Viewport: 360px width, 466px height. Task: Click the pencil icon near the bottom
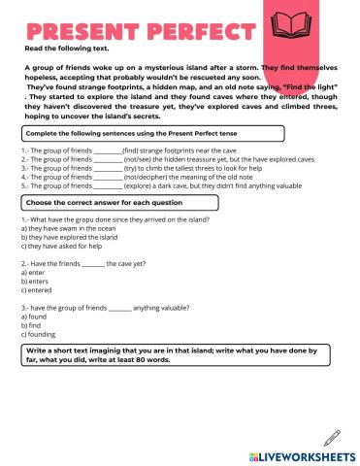click(333, 437)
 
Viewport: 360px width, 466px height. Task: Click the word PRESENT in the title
click(66, 29)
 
